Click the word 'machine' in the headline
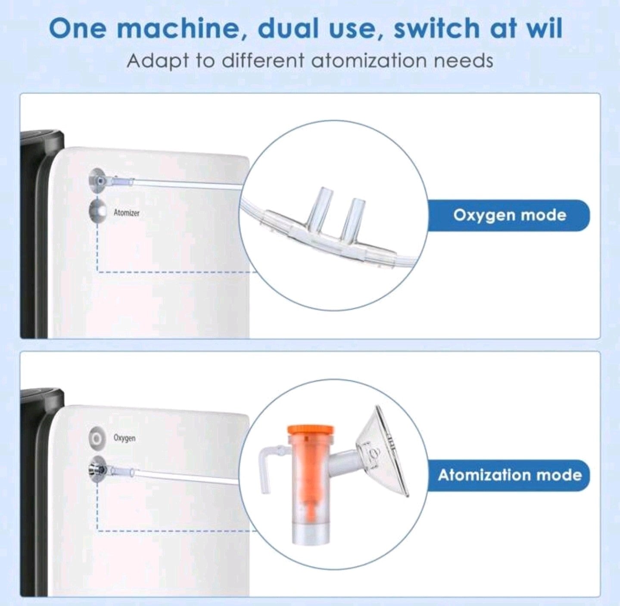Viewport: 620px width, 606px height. [x=180, y=29]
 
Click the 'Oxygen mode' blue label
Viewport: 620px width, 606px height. [x=509, y=215]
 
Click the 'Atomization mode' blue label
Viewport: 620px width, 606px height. [x=509, y=475]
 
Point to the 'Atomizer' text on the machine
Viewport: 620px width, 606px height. [x=127, y=213]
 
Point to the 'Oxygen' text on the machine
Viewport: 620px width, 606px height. [x=124, y=438]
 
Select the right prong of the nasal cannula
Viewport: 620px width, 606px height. [x=352, y=219]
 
